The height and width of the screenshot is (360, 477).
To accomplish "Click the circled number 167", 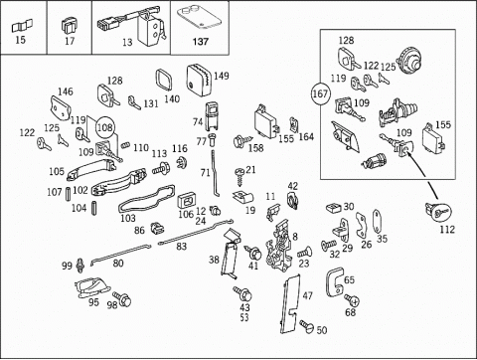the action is (x=320, y=93).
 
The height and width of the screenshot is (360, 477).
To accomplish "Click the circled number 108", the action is (x=105, y=127).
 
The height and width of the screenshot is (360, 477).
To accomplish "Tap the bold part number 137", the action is (x=201, y=42).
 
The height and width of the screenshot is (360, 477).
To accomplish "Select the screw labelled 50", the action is (x=306, y=326).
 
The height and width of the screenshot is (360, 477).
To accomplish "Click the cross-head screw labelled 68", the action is (x=351, y=299).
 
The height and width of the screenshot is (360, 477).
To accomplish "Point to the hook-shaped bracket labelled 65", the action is (x=334, y=282).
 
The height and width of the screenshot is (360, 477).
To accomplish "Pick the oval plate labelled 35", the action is (x=377, y=222).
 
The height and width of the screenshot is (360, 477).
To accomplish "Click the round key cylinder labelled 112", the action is (x=438, y=211).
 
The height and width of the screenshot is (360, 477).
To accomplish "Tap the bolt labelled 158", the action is (x=242, y=141).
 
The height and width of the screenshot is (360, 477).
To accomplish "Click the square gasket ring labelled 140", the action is (x=164, y=81).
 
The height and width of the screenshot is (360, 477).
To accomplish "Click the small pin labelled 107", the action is (x=69, y=194).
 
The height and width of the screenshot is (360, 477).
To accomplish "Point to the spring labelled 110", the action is (x=125, y=145).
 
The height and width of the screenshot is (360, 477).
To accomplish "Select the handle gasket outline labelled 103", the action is (x=146, y=199).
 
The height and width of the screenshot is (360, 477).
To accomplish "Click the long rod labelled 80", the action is (x=120, y=255).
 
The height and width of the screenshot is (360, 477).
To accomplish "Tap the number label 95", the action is (x=93, y=302).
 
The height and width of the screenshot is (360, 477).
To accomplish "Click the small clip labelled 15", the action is (x=22, y=26).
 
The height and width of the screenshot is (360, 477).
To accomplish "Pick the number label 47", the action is (x=307, y=295).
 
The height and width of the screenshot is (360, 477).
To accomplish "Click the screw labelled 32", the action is (x=328, y=246).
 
